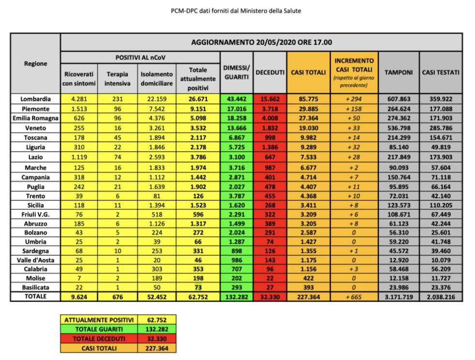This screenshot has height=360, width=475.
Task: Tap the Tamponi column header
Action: [398, 72]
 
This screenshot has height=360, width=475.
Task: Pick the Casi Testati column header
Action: [441, 72]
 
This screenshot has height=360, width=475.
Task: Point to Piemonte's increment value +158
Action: [354, 109]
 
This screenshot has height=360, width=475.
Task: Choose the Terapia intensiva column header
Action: [116, 78]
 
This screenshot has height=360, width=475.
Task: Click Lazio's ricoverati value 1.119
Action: [79, 156]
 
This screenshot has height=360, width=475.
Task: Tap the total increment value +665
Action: [354, 297]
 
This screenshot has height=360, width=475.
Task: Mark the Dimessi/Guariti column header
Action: [236, 72]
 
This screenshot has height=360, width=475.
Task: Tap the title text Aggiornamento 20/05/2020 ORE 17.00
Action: [261, 42]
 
